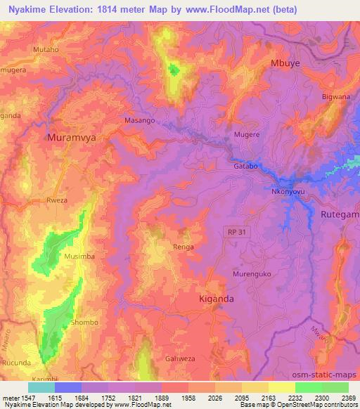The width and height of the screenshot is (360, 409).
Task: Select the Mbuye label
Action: [285, 63]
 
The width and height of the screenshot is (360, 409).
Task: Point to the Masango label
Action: [139, 121]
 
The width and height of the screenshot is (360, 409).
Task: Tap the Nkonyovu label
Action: [287, 190]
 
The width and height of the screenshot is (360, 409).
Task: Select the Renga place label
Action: [183, 247]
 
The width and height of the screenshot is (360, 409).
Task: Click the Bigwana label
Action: [335, 96]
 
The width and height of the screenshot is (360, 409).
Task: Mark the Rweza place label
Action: [57, 200]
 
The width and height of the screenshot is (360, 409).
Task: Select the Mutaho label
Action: [46, 51]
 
